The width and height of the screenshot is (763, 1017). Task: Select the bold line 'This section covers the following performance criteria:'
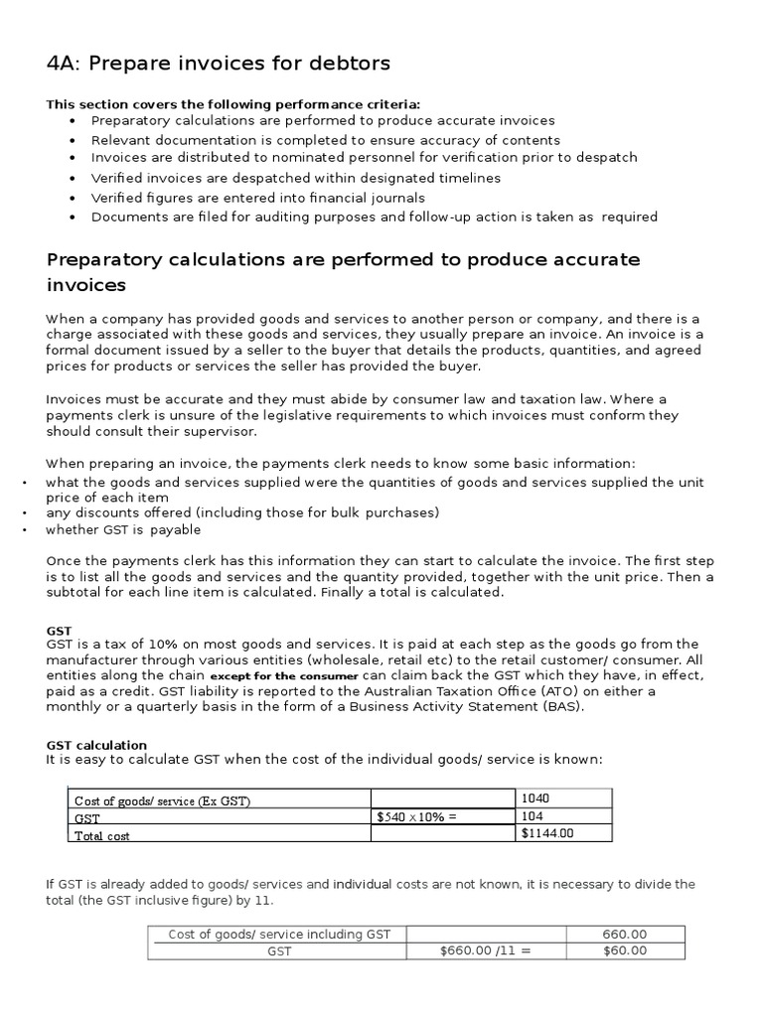click(x=233, y=104)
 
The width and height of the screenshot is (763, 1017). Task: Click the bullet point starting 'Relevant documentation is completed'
click(x=325, y=140)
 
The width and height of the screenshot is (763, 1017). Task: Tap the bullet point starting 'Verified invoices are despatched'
click(x=295, y=178)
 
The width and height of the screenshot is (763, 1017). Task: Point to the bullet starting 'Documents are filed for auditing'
click(x=374, y=217)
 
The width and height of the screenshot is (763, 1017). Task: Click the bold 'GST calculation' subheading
click(x=96, y=745)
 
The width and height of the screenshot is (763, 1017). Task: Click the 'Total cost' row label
click(x=102, y=836)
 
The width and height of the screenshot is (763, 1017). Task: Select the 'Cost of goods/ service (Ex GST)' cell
click(x=160, y=800)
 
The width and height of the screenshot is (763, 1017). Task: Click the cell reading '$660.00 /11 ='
click(x=486, y=950)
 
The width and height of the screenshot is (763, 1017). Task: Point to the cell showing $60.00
click(x=625, y=950)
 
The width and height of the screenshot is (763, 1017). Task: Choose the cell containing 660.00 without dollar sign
click(x=625, y=934)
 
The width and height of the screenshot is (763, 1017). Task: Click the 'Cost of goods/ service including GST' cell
click(x=280, y=934)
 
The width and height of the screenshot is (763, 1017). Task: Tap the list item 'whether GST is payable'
click(x=123, y=529)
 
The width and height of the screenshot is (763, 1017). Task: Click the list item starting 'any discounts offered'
click(x=241, y=512)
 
